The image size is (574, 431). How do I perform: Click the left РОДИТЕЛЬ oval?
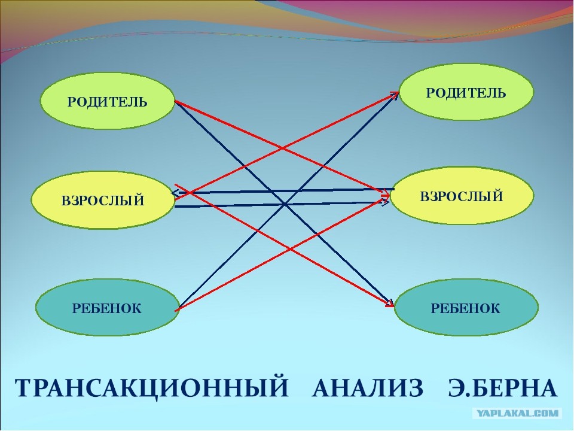(x=107, y=101)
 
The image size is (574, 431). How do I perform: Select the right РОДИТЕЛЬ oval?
(x=466, y=92)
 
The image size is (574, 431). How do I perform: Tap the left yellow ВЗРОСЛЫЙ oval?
(x=103, y=200)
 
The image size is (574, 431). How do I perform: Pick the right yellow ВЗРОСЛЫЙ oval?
(x=462, y=196)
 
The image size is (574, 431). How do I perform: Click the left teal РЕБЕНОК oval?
(x=107, y=308)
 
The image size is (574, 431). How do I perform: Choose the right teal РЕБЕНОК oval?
(x=466, y=308)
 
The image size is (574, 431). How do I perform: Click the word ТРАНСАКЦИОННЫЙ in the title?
(x=151, y=388)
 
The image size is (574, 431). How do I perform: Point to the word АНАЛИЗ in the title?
(x=368, y=388)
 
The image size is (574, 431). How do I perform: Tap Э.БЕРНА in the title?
(x=503, y=388)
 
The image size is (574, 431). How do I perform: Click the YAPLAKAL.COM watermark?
(x=517, y=414)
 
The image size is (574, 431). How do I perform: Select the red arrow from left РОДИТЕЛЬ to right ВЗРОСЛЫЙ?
(x=282, y=148)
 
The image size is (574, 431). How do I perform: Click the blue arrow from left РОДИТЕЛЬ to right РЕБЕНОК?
(x=284, y=204)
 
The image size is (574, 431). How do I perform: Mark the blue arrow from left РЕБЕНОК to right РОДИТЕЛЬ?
(x=288, y=200)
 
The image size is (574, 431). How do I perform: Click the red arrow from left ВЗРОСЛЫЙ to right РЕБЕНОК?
(x=284, y=245)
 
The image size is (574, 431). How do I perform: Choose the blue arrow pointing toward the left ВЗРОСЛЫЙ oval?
(x=283, y=191)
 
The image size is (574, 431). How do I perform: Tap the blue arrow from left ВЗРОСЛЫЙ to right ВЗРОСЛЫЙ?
(x=282, y=204)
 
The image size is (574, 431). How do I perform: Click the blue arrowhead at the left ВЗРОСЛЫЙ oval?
(x=175, y=193)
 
